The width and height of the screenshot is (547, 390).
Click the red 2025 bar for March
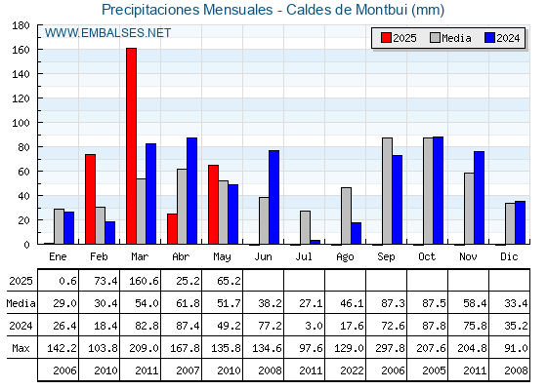(132, 146)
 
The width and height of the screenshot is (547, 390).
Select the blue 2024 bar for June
(273, 197)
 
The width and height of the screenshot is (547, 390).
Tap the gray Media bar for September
(387, 191)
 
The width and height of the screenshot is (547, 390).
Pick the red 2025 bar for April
(172, 229)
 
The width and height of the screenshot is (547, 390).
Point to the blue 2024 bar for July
(315, 242)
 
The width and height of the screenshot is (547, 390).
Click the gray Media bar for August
(346, 215)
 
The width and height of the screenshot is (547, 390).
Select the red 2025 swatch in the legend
(386, 38)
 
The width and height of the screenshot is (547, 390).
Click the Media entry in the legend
(450, 38)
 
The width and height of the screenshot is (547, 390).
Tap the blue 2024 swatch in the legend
(489, 38)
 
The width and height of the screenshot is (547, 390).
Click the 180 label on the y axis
(21, 25)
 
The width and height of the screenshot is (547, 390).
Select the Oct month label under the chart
(427, 257)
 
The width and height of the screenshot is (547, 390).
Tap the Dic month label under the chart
(509, 257)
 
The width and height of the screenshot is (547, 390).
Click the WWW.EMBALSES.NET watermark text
(107, 33)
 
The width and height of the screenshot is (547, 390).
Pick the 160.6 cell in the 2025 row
(144, 281)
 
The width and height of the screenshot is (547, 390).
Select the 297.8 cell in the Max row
(390, 348)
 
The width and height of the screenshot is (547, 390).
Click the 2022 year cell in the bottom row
(352, 370)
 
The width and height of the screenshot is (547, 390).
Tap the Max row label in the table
(21, 348)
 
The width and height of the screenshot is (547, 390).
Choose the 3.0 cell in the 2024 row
(314, 326)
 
